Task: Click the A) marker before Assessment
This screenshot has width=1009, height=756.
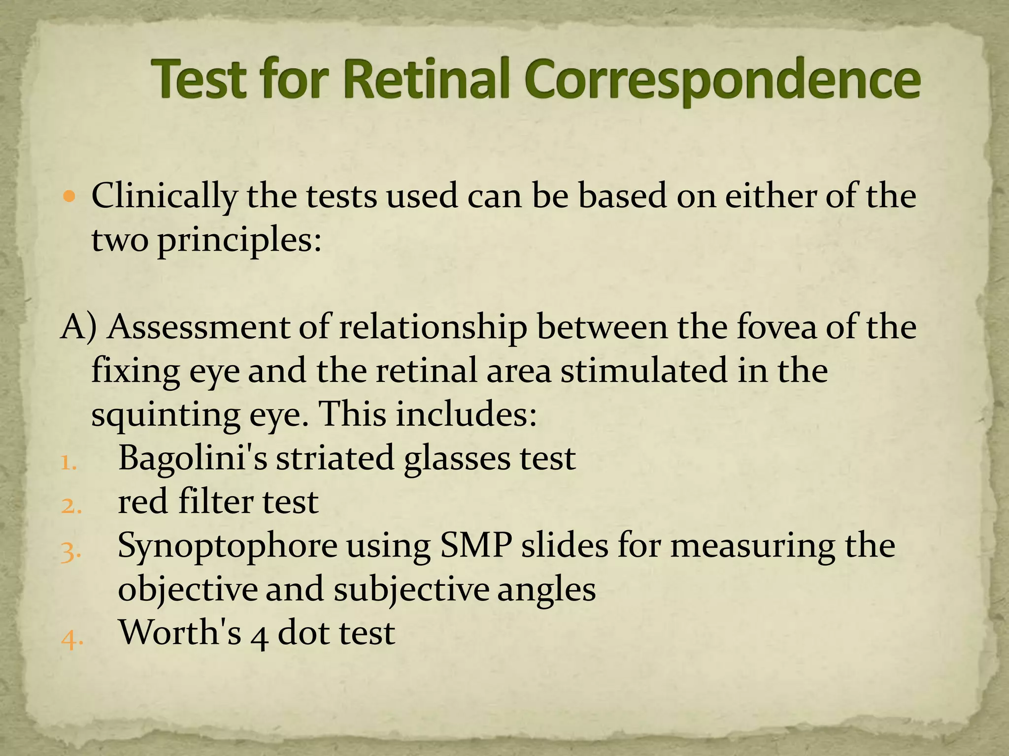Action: click(x=79, y=328)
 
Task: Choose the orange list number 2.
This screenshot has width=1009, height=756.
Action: click(x=69, y=506)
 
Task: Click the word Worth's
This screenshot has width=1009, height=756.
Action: click(x=180, y=633)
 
